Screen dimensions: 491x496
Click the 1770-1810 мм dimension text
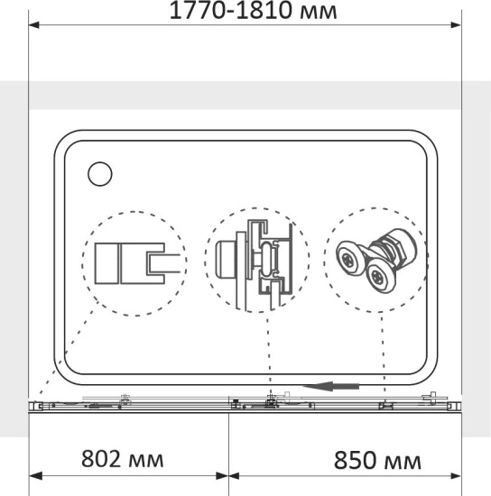coord(254,10)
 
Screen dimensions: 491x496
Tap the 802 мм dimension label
coord(123,459)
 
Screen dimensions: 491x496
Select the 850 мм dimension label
coord(377,461)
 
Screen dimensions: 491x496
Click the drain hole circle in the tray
coord(100,174)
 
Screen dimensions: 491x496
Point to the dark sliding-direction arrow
coord(331,386)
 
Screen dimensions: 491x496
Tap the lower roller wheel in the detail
coord(380,278)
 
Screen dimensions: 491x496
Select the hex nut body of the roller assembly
coord(395,247)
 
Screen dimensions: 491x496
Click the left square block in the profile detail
coord(107,263)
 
